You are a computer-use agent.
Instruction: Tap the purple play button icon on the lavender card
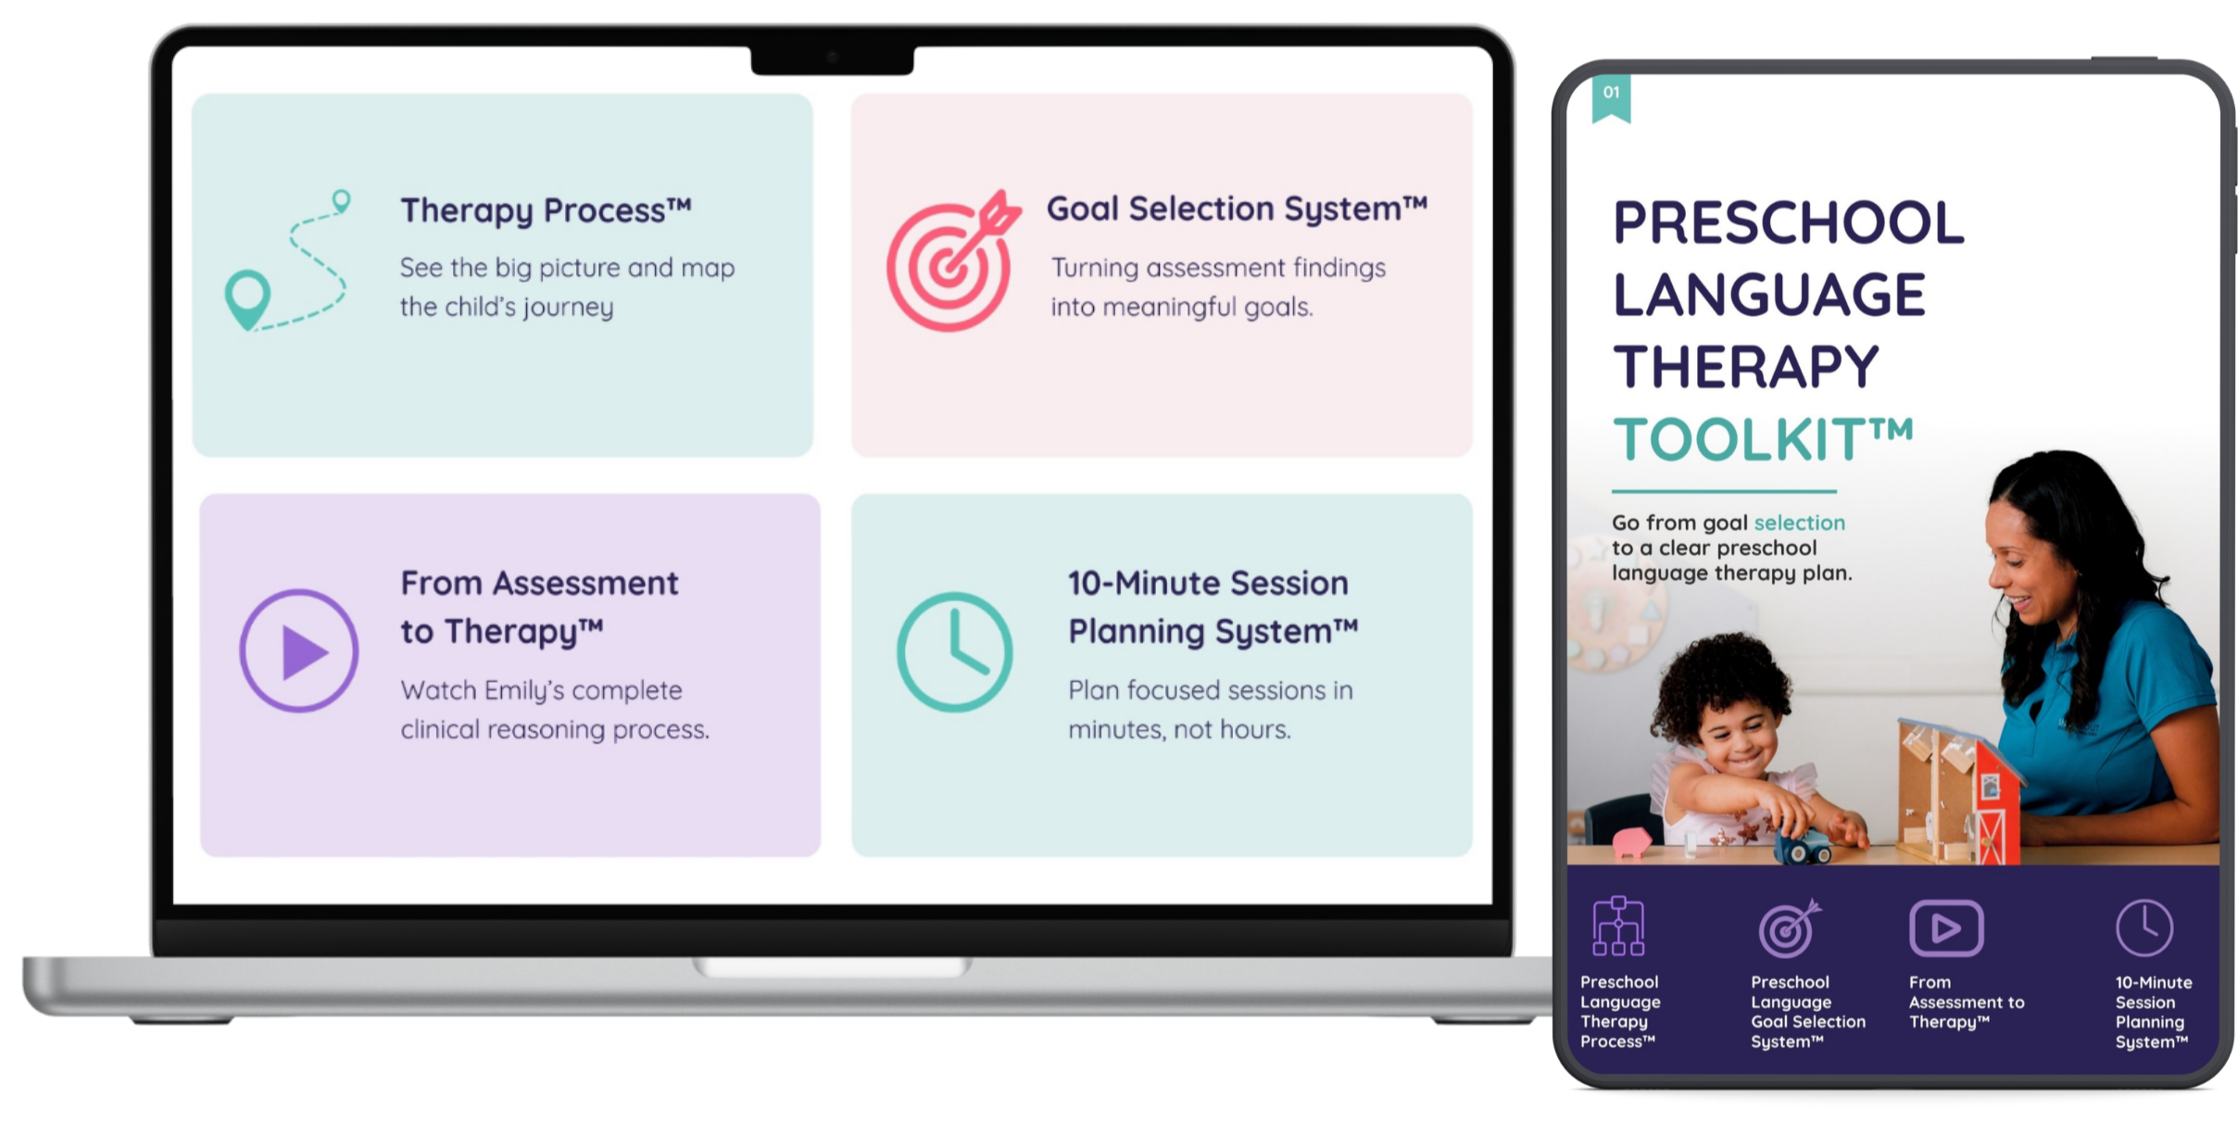point(298,650)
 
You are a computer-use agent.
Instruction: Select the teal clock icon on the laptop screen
point(954,651)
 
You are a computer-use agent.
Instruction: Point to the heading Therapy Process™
point(546,210)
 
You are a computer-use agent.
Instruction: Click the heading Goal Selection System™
point(1237,208)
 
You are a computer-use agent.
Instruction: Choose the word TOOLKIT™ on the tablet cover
point(1762,438)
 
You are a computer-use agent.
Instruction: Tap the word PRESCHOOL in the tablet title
point(1788,222)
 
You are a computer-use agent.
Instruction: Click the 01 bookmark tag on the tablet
point(1612,97)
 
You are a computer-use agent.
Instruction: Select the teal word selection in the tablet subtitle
point(1799,523)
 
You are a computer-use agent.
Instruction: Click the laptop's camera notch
point(832,59)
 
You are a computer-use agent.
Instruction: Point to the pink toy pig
point(1632,841)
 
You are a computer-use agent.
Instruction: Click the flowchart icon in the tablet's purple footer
point(1618,926)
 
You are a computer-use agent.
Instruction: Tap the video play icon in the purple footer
point(1946,927)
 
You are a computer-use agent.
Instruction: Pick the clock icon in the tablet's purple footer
point(2144,927)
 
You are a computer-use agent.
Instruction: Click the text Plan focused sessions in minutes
point(1210,710)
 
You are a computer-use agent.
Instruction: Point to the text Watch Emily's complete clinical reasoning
point(555,710)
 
